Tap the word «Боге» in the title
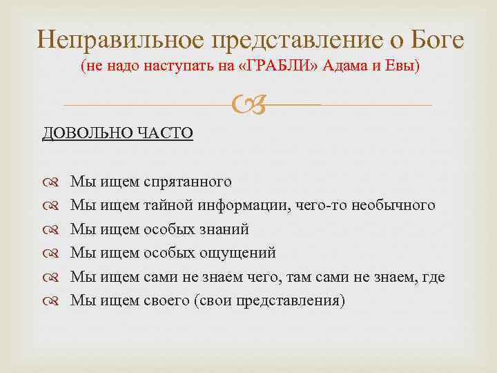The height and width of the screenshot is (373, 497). coord(437,39)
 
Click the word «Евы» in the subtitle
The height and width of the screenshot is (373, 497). coord(400,68)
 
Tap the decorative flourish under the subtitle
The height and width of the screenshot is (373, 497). coord(248,106)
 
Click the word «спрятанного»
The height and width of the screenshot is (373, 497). coord(187,182)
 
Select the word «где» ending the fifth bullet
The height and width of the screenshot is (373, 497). coord(436,278)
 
